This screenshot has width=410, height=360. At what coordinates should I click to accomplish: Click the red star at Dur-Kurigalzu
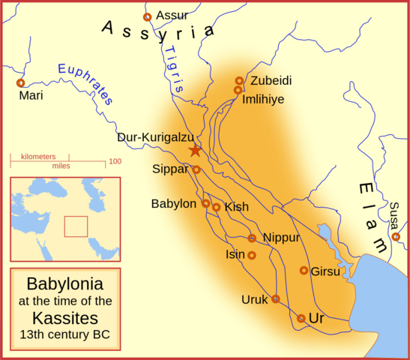[x=195, y=150]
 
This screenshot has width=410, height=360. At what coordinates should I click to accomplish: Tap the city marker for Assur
[x=147, y=16]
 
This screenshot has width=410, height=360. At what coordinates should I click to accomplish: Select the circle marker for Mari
[x=20, y=83]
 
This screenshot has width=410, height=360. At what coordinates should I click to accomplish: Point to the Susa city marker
[x=396, y=237]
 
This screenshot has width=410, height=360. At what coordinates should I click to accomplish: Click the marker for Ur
[x=301, y=318]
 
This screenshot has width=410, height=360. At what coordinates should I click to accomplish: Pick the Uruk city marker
[x=275, y=298]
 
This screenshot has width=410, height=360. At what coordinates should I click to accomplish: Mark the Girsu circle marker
[x=304, y=270]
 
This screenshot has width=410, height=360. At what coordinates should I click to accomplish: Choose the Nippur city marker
[x=252, y=238]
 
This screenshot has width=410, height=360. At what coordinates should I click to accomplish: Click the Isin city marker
[x=252, y=255]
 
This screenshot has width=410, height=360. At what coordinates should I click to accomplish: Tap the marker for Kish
[x=216, y=208]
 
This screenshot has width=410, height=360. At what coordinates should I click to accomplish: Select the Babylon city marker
[x=205, y=203]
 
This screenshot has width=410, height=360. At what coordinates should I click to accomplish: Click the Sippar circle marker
[x=196, y=169]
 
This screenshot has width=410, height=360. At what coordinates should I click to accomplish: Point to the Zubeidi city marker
[x=239, y=80]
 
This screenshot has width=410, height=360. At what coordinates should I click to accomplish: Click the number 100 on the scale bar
[x=115, y=161]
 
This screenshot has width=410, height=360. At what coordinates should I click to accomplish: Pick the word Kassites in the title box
[x=65, y=316]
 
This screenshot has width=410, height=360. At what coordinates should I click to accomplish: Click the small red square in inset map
[x=76, y=226]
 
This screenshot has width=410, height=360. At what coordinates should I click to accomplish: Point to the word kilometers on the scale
[x=38, y=156]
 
